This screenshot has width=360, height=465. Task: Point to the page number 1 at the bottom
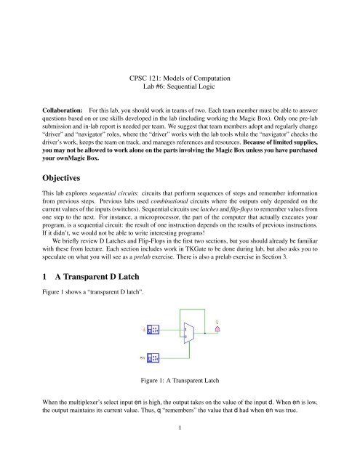coord(180,449)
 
